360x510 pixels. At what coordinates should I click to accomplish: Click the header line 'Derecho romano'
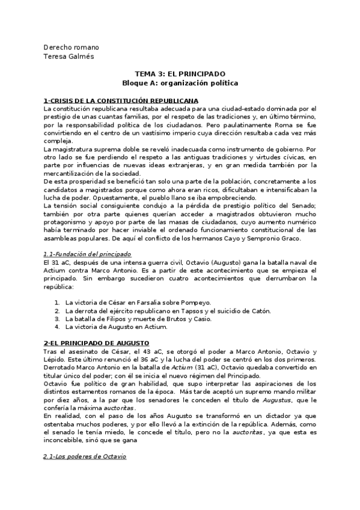[x=72, y=48]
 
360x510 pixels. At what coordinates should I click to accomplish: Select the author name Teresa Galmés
[x=70, y=57]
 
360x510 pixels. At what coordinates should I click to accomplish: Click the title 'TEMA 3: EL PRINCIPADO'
[x=180, y=73]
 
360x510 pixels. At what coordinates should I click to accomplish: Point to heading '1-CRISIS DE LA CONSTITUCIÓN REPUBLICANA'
[x=121, y=100]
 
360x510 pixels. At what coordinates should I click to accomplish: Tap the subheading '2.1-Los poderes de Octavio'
[x=85, y=457]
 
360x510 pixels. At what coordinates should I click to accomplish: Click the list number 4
[x=56, y=327]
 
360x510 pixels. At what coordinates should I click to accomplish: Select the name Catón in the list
[x=259, y=310]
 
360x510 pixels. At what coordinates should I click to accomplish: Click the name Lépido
[x=55, y=360]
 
